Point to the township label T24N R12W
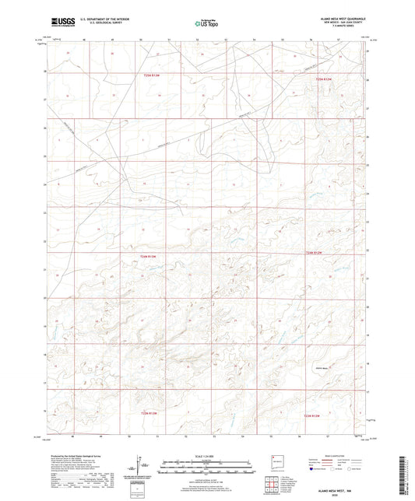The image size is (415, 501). click(x=314, y=253)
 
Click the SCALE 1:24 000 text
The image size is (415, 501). click(x=207, y=455)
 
